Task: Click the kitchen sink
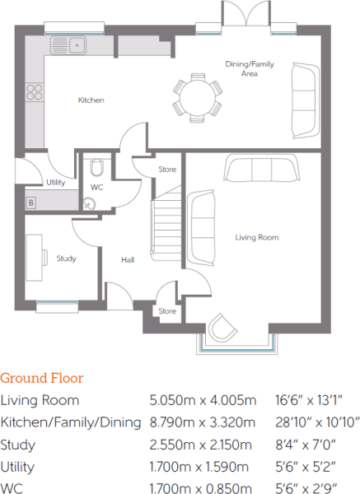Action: click(68, 45)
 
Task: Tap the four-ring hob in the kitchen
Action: click(35, 92)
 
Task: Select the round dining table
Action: click(198, 98)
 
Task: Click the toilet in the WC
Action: click(96, 167)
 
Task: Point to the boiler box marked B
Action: click(31, 203)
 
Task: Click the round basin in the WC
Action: click(89, 204)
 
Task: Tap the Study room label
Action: click(67, 259)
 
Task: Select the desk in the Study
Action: click(35, 258)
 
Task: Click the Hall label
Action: click(128, 260)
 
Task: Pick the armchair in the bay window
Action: click(222, 327)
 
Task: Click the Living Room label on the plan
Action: click(257, 238)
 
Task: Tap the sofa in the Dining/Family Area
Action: click(306, 100)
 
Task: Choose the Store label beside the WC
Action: click(167, 170)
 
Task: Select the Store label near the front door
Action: click(167, 311)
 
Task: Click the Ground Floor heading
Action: click(42, 378)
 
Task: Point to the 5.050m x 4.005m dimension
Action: click(203, 400)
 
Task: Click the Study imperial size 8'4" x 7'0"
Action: click(306, 445)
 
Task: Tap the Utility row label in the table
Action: click(17, 467)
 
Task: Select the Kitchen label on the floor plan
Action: click(91, 100)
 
